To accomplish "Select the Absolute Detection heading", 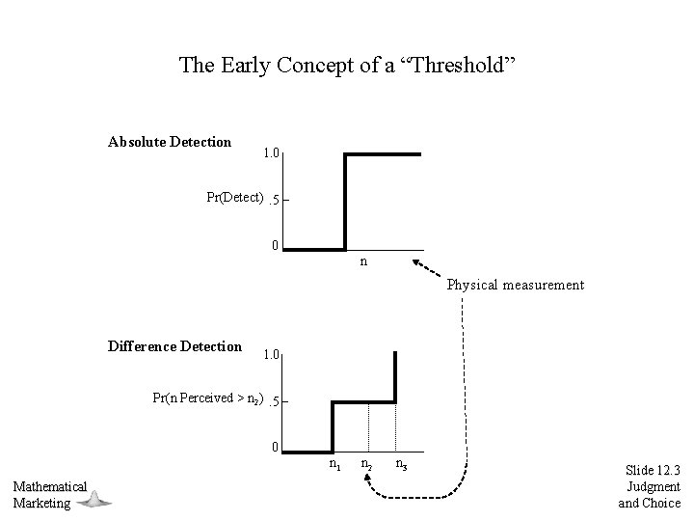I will click(170, 142).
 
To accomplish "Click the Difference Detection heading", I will click(174, 346).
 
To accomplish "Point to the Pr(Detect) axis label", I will click(235, 198).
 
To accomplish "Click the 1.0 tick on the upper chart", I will click(272, 153).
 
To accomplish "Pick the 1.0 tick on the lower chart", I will click(271, 355).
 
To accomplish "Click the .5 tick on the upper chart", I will click(275, 201).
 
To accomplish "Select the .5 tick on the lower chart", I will click(275, 401).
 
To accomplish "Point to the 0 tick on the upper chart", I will click(275, 245).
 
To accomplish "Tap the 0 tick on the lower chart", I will click(275, 447).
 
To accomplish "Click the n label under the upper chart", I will click(362, 261).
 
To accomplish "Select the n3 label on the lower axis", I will click(400, 465).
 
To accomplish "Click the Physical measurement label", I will click(515, 285).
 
